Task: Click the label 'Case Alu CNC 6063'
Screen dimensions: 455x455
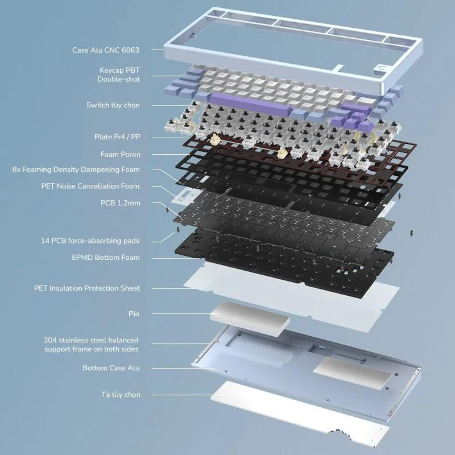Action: click(x=106, y=50)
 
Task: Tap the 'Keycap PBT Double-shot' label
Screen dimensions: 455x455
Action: click(x=119, y=75)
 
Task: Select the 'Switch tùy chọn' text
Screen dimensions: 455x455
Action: click(x=113, y=105)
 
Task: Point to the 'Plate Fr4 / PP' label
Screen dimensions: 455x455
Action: click(x=117, y=136)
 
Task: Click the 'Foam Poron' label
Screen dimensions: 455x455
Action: click(x=121, y=154)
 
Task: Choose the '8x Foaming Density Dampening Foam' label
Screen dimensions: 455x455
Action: click(x=76, y=169)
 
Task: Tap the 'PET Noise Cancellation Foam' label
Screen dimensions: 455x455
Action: click(x=90, y=186)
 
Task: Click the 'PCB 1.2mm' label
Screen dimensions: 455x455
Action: click(x=121, y=203)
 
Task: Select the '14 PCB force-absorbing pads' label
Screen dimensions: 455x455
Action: click(x=90, y=241)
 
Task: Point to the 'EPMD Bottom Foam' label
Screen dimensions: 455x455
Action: click(x=106, y=258)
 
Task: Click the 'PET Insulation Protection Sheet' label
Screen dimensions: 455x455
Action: click(x=87, y=288)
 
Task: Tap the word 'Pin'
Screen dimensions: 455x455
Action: click(x=134, y=313)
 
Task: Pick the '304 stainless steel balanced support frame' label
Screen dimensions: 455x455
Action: click(x=91, y=344)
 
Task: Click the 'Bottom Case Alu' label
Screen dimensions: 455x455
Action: click(x=111, y=368)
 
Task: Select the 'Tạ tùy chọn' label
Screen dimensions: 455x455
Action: click(x=121, y=394)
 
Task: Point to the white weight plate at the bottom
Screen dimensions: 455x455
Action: click(x=299, y=413)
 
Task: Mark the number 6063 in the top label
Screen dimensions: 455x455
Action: click(x=130, y=50)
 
